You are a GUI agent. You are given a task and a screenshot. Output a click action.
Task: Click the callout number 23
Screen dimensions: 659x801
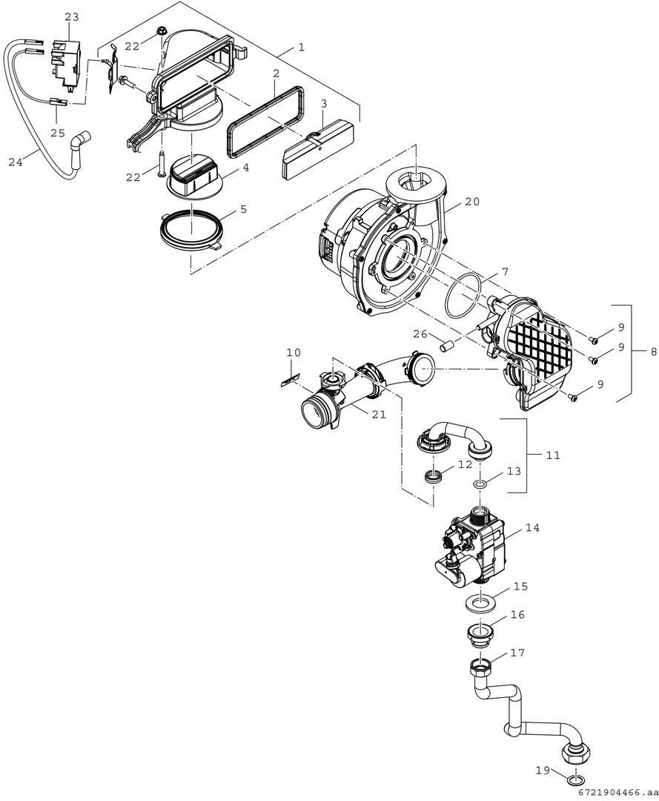click(x=72, y=17)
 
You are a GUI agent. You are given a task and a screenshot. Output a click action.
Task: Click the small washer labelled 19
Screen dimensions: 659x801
click(x=575, y=779)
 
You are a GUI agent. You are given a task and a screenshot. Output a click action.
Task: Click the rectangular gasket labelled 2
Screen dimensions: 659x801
click(x=266, y=121)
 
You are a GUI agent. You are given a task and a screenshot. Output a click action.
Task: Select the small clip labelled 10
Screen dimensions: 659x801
click(x=289, y=380)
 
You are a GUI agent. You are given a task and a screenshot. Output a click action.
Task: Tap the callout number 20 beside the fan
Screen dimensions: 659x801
click(x=472, y=202)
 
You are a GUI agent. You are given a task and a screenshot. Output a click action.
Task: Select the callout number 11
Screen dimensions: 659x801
click(x=553, y=455)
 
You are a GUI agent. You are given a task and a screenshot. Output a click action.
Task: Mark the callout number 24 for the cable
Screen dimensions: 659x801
click(x=16, y=162)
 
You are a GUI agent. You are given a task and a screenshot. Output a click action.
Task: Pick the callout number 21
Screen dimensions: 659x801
click(x=379, y=415)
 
